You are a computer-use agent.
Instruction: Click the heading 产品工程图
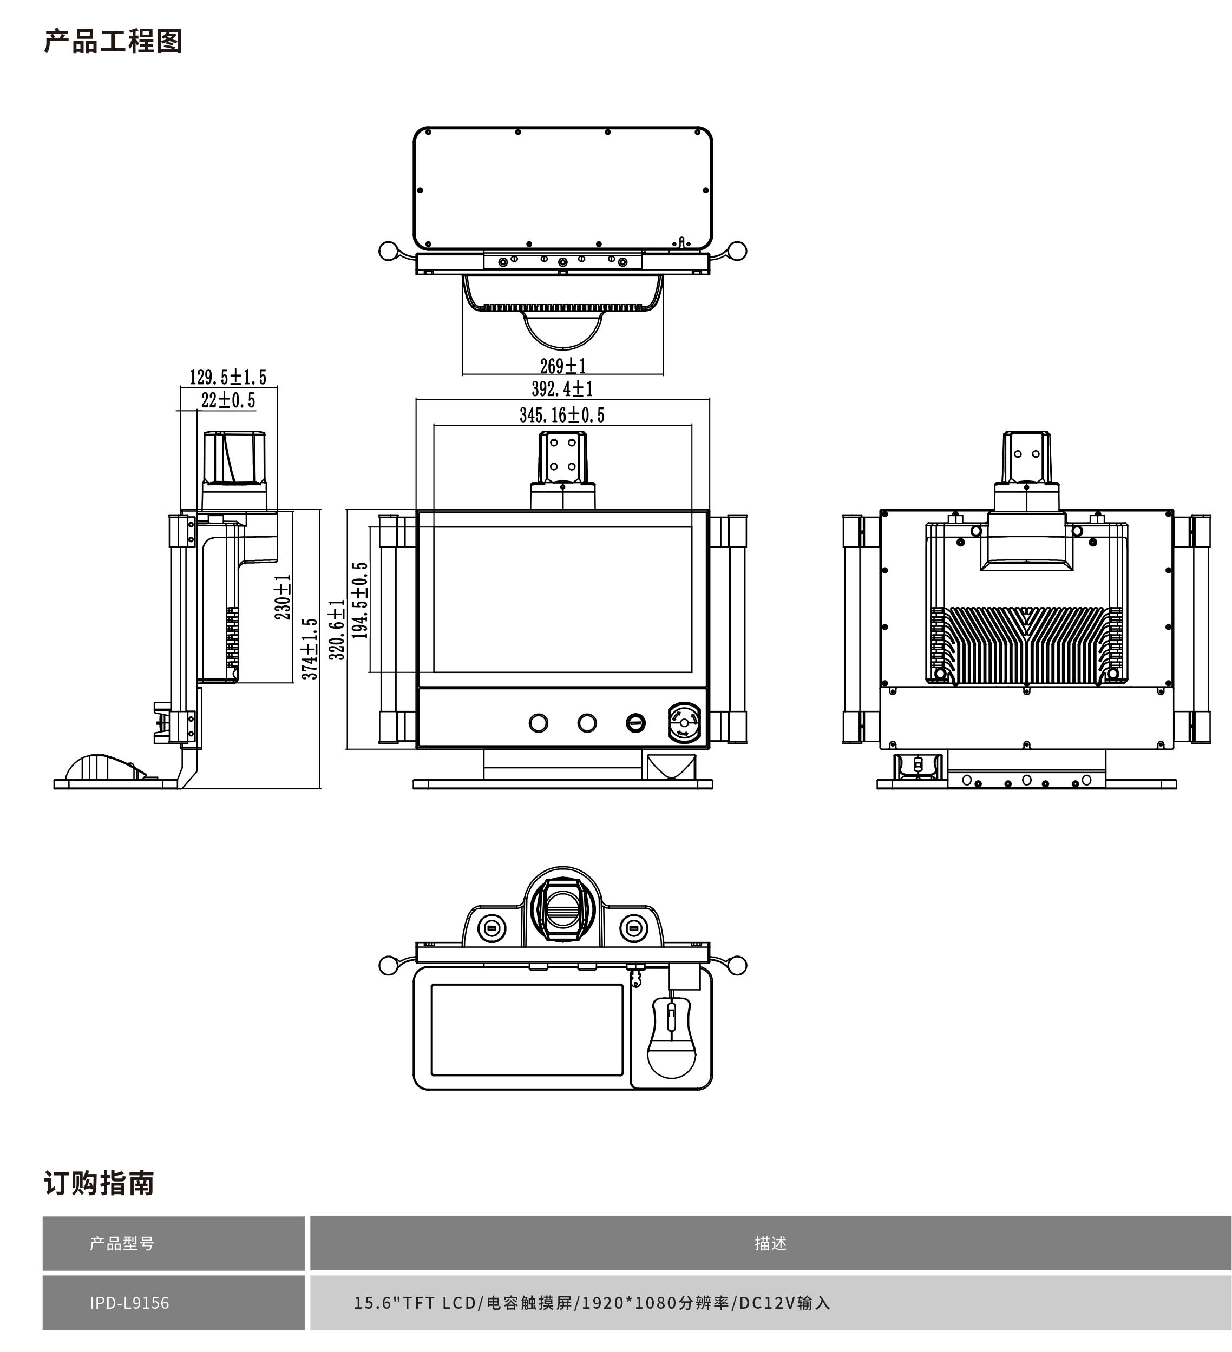click(113, 42)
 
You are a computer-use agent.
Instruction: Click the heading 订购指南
click(99, 1183)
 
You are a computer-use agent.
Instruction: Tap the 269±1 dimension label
click(562, 366)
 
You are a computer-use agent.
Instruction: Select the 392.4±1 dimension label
click(562, 389)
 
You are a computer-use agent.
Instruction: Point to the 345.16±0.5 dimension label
click(562, 415)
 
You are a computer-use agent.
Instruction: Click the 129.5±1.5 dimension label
click(227, 377)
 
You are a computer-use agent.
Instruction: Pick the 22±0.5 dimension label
click(228, 400)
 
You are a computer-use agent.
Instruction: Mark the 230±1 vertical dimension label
click(283, 597)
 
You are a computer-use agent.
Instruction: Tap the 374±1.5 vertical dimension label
click(309, 649)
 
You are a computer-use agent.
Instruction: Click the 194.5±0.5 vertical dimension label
click(361, 600)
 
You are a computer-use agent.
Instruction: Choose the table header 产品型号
click(122, 1243)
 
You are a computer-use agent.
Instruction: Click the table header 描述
click(770, 1243)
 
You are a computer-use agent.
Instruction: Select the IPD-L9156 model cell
click(129, 1302)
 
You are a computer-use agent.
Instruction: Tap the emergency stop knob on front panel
click(684, 723)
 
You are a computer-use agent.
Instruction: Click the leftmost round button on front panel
click(538, 723)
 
